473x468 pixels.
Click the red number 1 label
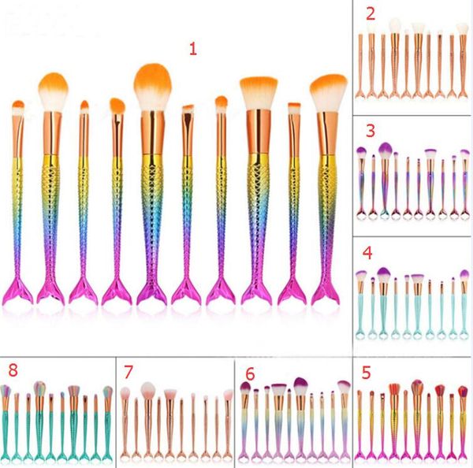pos(192,49)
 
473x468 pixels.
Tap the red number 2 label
pos(369,13)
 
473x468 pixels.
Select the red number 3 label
pos(368,130)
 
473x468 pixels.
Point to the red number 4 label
pos(367,254)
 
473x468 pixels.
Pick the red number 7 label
pos(130,370)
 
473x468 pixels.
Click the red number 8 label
pos(12,370)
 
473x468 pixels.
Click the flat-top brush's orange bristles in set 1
pos(258,91)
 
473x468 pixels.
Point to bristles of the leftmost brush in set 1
pos(18,106)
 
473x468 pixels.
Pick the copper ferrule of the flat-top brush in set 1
pos(257,131)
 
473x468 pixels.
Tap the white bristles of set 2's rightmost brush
pos(462,28)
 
